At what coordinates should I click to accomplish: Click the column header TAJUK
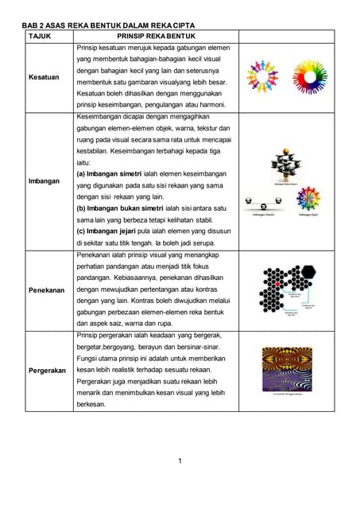coord(40,37)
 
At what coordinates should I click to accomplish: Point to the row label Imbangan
coord(45,181)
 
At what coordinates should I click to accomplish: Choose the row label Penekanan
coord(46,289)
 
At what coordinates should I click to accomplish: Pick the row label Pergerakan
coord(46,371)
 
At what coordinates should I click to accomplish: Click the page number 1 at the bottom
coord(180,461)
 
